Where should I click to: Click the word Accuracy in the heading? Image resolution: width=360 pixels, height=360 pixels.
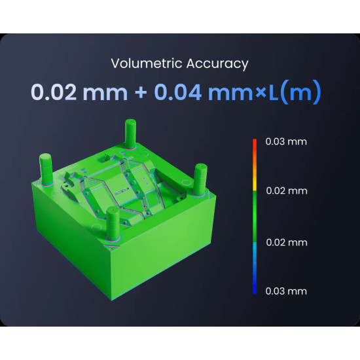(217, 64)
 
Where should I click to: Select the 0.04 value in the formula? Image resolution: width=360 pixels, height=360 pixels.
(178, 92)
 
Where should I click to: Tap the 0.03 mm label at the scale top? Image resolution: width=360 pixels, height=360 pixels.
(286, 141)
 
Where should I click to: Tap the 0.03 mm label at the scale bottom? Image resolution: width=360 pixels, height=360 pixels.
(286, 291)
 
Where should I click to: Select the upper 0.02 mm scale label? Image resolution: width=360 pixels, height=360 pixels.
(286, 191)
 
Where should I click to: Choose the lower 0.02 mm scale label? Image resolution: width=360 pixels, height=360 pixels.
(286, 242)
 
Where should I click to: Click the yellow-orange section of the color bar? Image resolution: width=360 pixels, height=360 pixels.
(255, 177)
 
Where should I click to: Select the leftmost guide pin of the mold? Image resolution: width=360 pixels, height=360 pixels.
(48, 167)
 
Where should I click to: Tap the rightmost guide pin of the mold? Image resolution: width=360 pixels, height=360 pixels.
(201, 177)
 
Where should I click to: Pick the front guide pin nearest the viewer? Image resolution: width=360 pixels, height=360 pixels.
(113, 222)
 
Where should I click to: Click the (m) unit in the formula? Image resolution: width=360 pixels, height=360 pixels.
(300, 92)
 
